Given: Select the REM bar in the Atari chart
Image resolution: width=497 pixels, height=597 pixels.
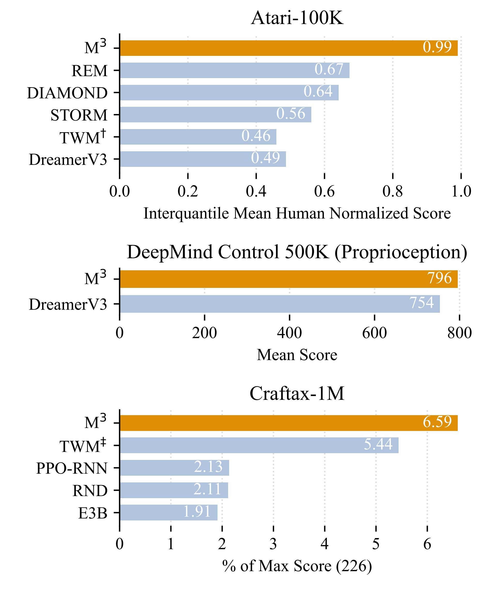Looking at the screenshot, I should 235,70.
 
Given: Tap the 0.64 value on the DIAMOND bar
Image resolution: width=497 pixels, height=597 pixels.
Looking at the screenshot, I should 318,92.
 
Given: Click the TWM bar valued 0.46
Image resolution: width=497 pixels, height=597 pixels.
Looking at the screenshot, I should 198,137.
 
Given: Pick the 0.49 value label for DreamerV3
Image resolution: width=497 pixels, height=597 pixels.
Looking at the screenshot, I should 265,158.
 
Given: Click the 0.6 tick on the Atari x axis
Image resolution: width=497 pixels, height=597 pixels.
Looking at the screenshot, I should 324,191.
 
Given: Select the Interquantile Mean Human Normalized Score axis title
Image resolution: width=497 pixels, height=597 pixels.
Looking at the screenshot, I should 297,213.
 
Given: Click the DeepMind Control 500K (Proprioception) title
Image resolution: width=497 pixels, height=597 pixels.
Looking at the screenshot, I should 297,252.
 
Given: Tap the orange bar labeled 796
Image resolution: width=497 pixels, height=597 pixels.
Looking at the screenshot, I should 288,279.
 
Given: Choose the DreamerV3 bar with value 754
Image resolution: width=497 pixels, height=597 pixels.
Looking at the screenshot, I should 279,304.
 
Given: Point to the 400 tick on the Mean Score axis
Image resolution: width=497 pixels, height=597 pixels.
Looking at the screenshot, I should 289,333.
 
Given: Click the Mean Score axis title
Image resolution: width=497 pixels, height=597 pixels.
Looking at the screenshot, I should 297,355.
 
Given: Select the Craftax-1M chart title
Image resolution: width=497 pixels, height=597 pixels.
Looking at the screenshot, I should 297,394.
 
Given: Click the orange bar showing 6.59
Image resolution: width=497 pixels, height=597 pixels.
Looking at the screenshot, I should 288,423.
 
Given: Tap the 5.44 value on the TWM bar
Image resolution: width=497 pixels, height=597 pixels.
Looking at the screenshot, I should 378,444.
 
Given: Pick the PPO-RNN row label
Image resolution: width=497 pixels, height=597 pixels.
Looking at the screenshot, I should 72,468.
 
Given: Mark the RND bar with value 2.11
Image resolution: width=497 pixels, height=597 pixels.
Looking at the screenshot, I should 174,490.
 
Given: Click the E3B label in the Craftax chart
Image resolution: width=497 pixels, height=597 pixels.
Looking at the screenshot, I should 93,513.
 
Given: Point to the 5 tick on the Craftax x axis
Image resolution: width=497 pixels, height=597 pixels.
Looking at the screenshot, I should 376,544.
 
